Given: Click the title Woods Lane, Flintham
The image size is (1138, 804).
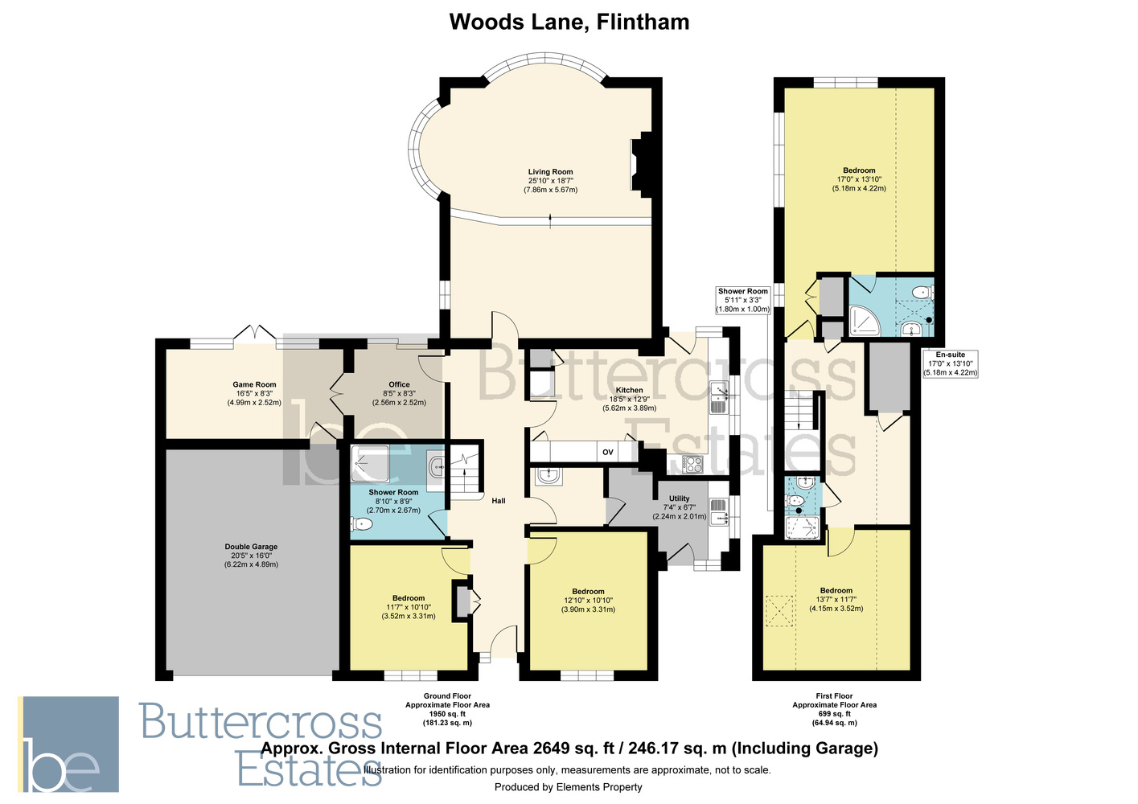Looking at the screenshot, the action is (569, 23).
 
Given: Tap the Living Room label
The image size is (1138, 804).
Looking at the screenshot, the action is (550, 172).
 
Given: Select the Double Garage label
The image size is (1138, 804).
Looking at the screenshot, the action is (251, 547).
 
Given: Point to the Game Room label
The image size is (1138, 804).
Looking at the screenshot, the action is (254, 384).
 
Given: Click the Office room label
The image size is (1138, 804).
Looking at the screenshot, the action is (400, 384).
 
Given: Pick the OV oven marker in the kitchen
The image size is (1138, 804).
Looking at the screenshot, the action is (608, 452).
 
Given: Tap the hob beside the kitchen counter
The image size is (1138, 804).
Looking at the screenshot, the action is (693, 463).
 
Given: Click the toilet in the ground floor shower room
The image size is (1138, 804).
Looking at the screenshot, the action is (361, 523).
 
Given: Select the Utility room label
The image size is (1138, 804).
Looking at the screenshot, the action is (680, 498).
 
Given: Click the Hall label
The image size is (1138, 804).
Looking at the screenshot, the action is (499, 501).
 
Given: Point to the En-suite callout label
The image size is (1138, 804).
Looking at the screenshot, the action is (951, 355).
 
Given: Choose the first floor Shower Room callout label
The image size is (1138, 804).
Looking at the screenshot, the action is (743, 291).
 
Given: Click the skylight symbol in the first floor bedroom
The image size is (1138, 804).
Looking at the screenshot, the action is (779, 611).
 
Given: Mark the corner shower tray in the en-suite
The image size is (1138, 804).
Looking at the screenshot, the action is (865, 320).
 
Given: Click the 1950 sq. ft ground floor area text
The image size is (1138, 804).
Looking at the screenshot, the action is (447, 714).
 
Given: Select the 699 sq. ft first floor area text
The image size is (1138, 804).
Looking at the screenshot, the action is (835, 714).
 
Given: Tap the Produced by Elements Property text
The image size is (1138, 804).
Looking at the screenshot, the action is (569, 787).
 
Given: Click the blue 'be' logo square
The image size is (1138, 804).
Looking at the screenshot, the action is (68, 744).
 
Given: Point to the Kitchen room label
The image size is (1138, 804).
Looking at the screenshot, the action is (630, 390).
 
